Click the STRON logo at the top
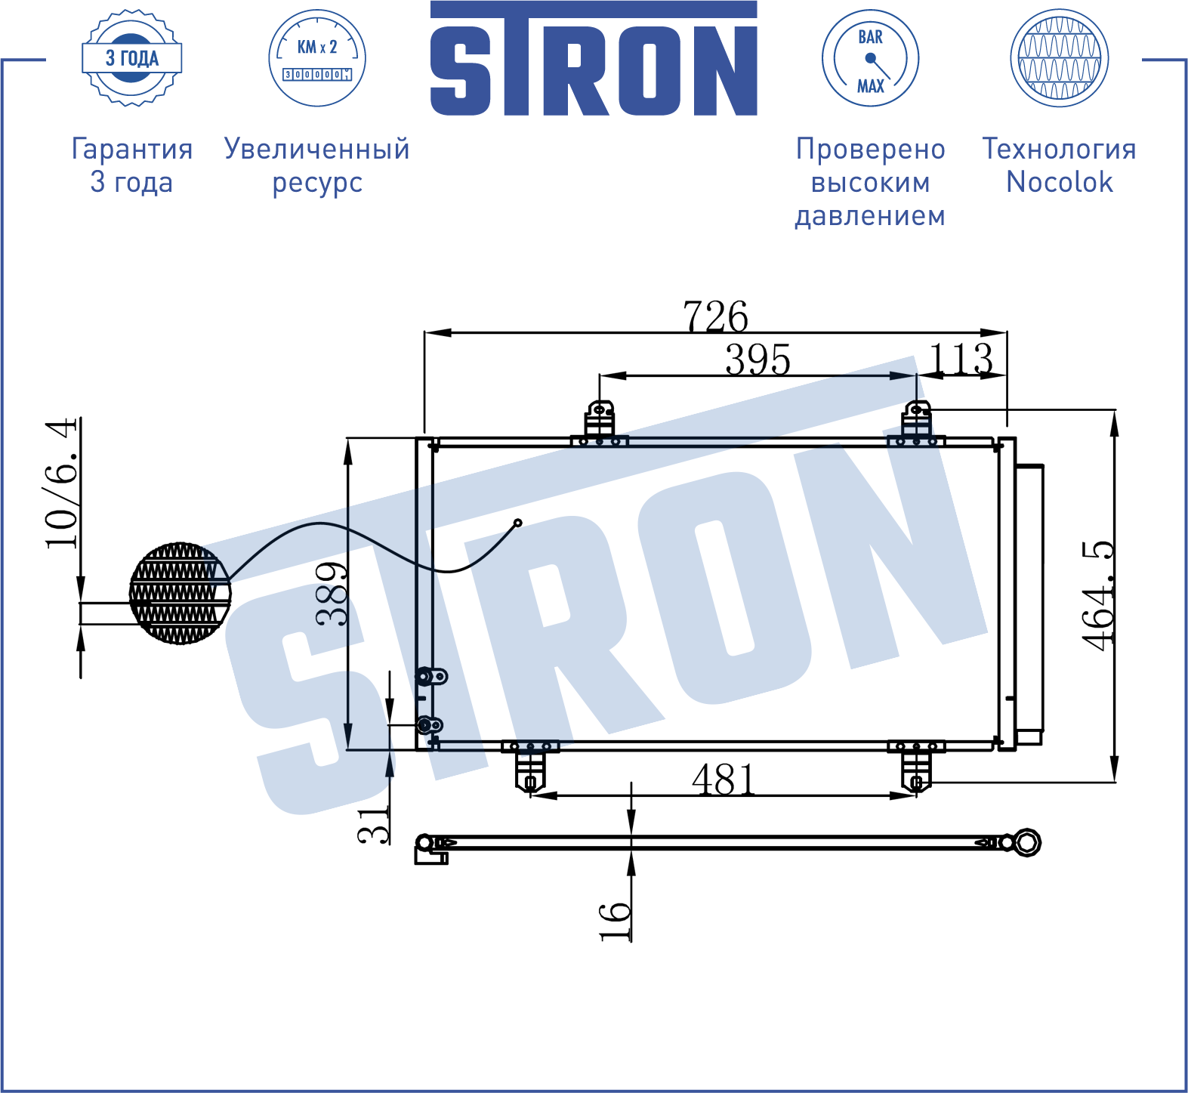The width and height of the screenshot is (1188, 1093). coord(594,59)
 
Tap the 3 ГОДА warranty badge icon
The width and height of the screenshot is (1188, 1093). coord(132,58)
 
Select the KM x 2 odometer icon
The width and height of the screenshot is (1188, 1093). coord(317,58)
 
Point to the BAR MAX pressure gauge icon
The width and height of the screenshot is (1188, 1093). coord(870,58)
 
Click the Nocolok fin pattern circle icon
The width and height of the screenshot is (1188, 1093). coord(1060,58)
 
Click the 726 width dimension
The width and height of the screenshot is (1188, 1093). coord(715,316)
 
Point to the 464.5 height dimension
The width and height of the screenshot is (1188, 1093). coord(1097,595)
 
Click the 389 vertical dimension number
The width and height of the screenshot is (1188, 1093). coord(332,594)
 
